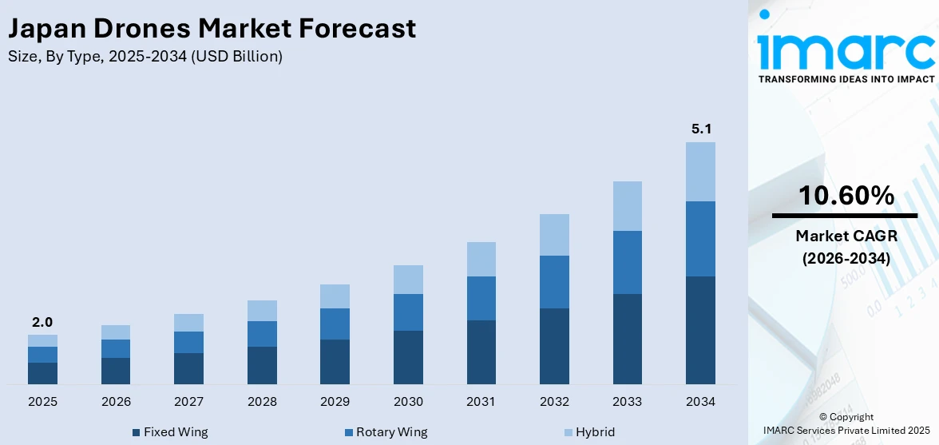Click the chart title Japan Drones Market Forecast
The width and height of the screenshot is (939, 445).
[x=212, y=29]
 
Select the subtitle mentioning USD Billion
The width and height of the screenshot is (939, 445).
[x=145, y=57]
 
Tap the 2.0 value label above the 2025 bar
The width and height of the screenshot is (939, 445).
[x=42, y=322]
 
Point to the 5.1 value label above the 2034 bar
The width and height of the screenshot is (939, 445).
[x=700, y=129]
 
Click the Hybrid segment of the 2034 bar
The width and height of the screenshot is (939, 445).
[x=700, y=172]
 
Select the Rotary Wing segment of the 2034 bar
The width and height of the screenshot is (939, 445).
[x=700, y=239]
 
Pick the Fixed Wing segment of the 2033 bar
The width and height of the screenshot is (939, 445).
[x=628, y=339]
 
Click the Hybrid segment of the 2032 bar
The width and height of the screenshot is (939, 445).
[x=554, y=235]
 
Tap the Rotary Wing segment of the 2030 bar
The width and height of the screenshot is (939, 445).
[x=408, y=312]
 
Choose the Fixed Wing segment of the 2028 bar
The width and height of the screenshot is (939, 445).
[x=262, y=365]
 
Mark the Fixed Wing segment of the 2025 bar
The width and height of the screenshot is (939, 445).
[x=42, y=373]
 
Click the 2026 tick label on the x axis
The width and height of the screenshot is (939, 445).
[x=116, y=401]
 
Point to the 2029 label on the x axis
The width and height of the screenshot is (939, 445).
[x=335, y=401]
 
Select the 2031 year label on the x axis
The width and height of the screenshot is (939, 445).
[x=481, y=401]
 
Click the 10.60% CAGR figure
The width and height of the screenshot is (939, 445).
[x=846, y=195]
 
